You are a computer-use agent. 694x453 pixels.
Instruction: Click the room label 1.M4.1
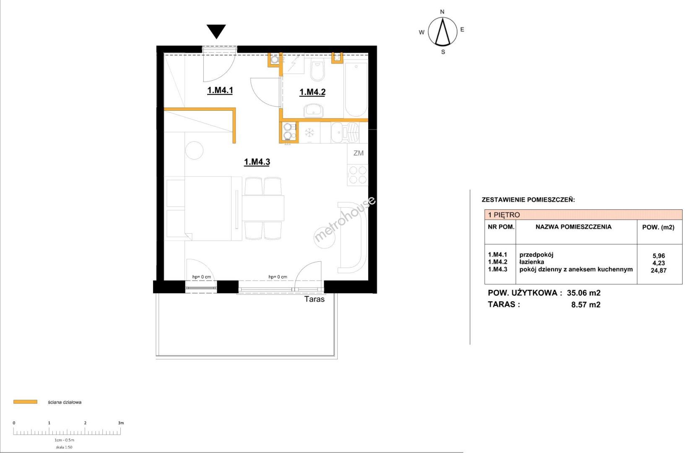(x=220, y=91)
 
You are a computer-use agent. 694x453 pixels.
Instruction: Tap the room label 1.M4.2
(x=312, y=92)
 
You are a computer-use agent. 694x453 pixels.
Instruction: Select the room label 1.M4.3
(x=257, y=162)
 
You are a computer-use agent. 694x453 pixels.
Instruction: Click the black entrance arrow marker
(x=216, y=31)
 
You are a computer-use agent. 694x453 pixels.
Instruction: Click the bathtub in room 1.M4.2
(x=356, y=90)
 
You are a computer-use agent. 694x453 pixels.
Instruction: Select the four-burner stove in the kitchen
(x=358, y=175)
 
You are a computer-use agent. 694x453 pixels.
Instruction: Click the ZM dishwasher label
(x=359, y=153)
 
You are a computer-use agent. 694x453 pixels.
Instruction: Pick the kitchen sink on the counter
(x=345, y=133)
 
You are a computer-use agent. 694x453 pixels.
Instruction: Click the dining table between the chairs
(x=263, y=208)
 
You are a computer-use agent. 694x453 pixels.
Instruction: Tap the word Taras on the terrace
(x=315, y=299)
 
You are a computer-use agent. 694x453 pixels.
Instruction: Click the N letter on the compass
(x=442, y=12)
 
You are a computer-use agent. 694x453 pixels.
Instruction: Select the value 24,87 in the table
(x=658, y=270)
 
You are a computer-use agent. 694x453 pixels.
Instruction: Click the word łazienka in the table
(x=532, y=262)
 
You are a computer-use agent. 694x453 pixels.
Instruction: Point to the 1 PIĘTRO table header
(x=504, y=215)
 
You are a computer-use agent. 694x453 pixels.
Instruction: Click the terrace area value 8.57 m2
(x=586, y=305)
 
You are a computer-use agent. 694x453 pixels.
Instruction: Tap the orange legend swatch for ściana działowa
(x=26, y=402)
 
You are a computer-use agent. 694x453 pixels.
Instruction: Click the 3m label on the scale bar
(x=121, y=423)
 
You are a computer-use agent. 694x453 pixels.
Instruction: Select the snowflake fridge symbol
(x=309, y=133)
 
